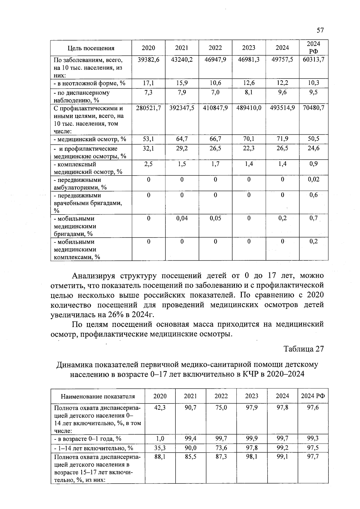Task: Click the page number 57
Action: [x=320, y=30]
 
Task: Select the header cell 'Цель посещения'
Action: [x=91, y=48]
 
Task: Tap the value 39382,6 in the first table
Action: [x=148, y=60]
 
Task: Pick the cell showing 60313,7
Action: [x=313, y=60]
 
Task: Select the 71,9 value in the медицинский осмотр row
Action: [x=282, y=139]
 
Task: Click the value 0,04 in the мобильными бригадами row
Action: [x=182, y=218]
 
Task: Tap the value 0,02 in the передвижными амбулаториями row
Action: [x=313, y=179]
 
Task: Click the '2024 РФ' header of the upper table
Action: [x=313, y=48]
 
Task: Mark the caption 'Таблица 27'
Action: [x=304, y=349]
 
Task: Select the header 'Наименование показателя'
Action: [x=98, y=396]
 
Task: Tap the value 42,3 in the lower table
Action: [x=160, y=408]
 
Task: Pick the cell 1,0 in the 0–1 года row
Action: [x=160, y=439]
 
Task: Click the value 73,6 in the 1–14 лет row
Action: [x=221, y=448]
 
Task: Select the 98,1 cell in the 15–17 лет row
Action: [x=251, y=457]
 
